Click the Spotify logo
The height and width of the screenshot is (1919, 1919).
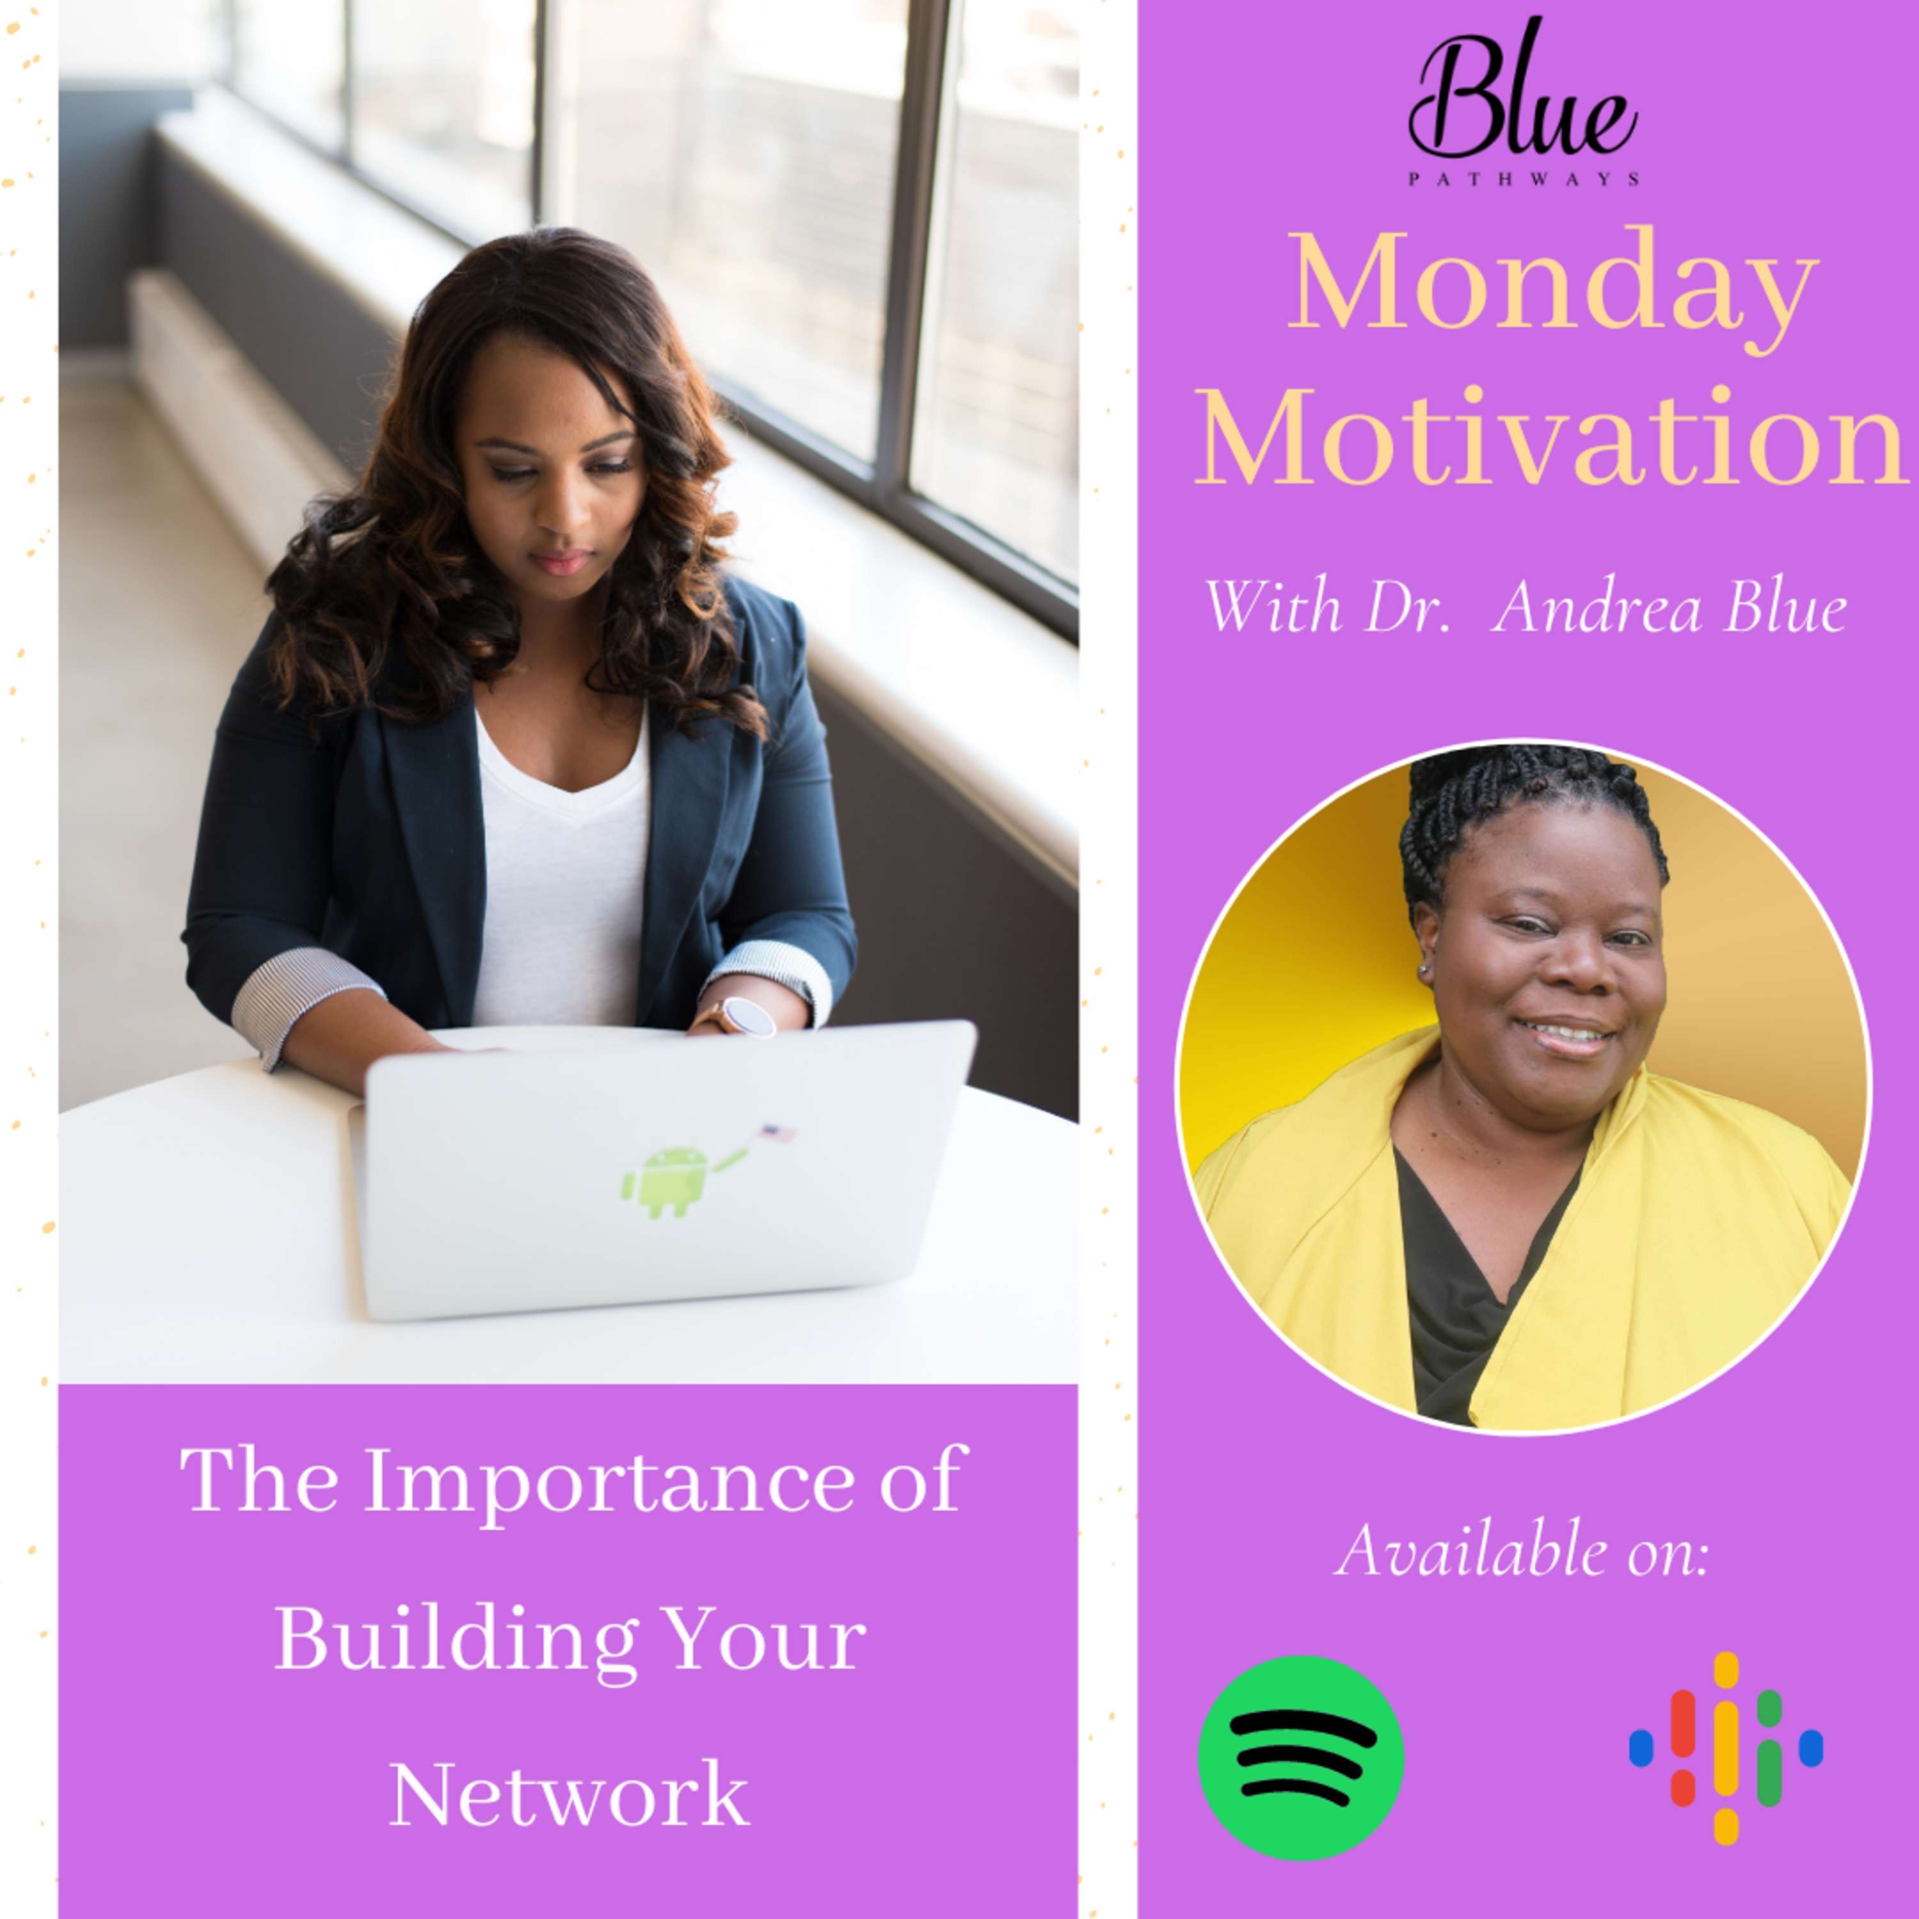[1300, 1757]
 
